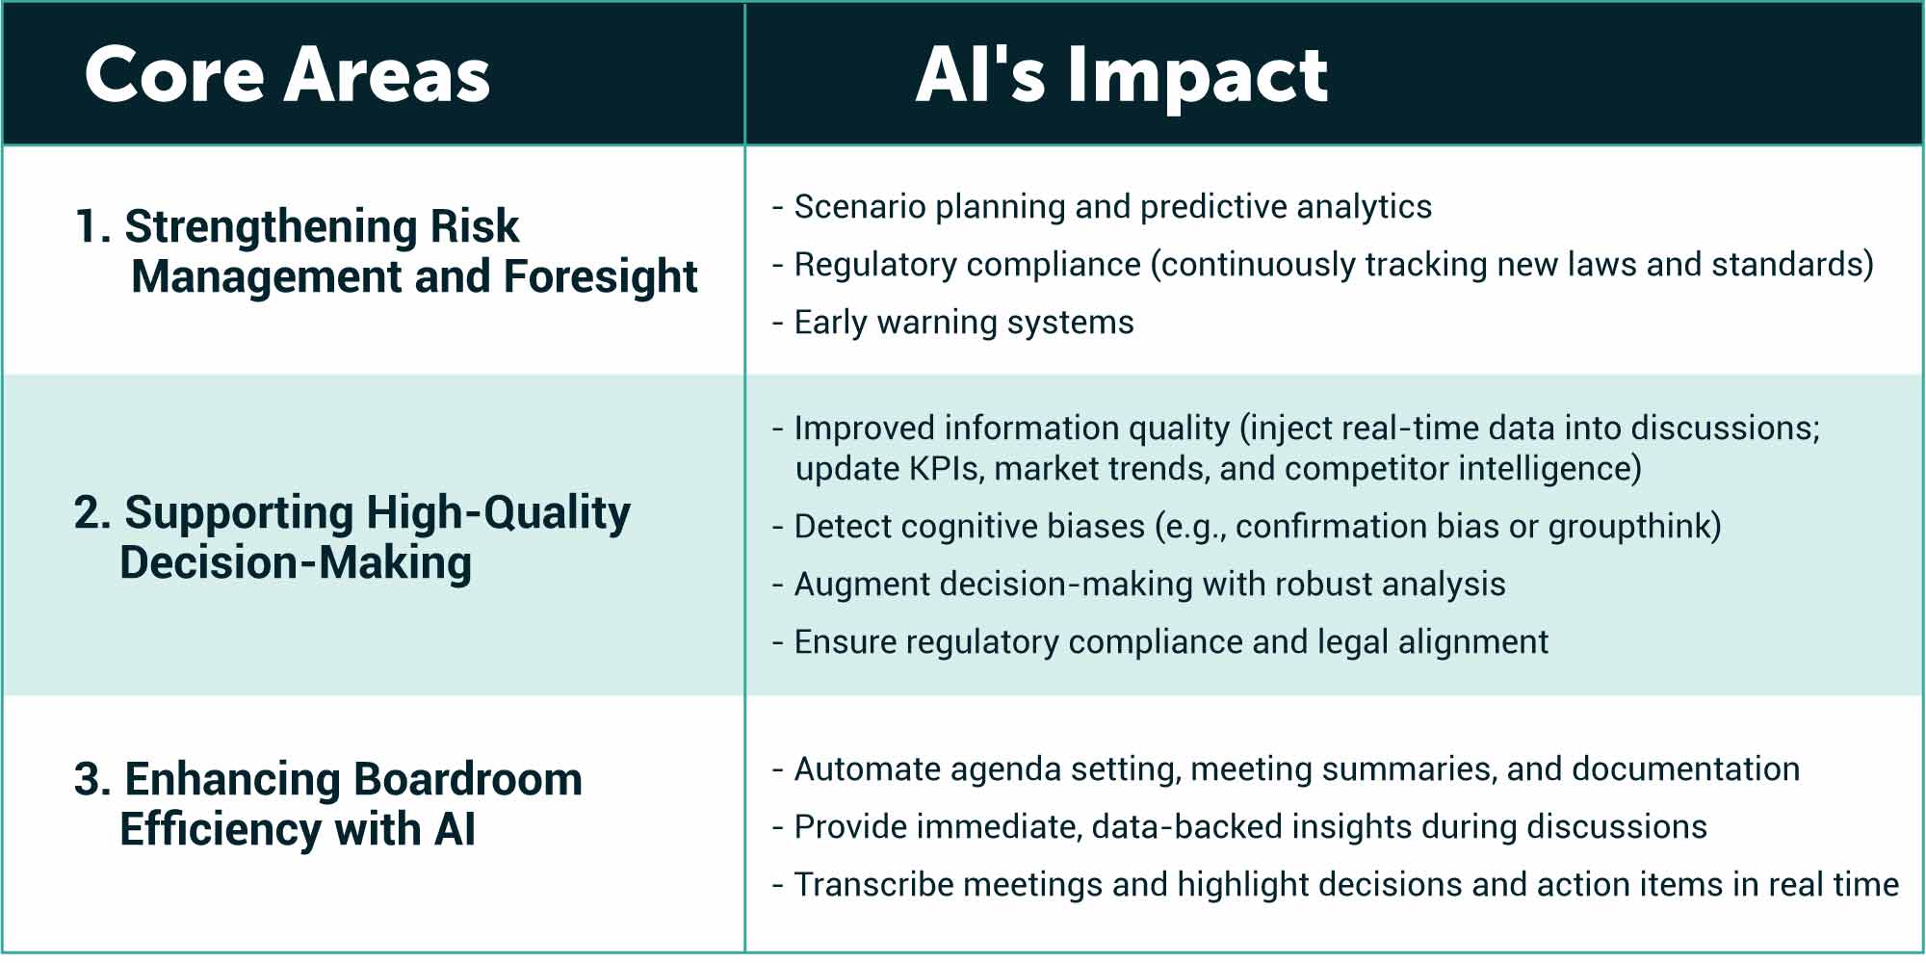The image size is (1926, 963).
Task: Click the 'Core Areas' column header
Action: tap(287, 75)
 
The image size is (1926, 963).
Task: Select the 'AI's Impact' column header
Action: tap(1122, 75)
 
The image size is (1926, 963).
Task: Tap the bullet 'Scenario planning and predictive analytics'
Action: tap(1112, 207)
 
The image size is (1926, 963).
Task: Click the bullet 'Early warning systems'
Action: tap(963, 323)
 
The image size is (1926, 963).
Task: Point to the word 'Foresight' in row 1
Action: tap(600, 277)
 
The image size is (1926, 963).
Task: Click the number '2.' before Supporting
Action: tap(92, 512)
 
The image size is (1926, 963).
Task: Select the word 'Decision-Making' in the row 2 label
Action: tap(296, 563)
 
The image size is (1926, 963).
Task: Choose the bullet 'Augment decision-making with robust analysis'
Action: tap(1149, 585)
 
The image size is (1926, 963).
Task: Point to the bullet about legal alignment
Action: tap(1170, 642)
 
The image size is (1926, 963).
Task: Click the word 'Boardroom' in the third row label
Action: tap(467, 780)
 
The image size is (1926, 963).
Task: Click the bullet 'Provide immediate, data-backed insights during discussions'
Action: tap(1250, 827)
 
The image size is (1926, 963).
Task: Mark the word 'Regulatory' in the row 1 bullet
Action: tap(872, 265)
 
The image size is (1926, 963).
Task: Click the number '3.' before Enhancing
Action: tap(92, 780)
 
